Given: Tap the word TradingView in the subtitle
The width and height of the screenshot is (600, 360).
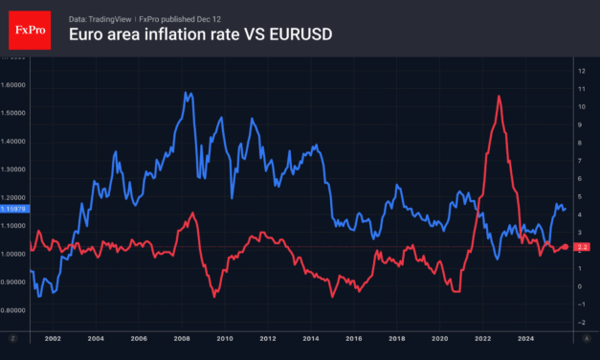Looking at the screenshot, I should (114, 17).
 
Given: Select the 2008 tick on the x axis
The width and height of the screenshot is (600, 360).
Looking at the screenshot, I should (181, 339).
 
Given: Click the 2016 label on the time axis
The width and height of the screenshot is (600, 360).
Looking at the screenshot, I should (354, 339).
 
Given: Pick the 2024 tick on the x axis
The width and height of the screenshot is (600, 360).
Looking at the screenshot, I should (525, 339).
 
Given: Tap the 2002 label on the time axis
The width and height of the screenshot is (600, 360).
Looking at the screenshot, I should (52, 339).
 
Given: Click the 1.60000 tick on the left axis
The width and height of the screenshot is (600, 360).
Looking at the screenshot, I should (14, 84).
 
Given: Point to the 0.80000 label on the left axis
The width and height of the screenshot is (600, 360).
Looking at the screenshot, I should (14, 310).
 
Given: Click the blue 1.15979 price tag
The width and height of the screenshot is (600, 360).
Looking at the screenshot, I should (14, 208).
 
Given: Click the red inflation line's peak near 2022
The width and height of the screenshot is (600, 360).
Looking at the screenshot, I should (499, 96).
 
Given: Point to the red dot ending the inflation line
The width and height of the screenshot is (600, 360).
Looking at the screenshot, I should (565, 247).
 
